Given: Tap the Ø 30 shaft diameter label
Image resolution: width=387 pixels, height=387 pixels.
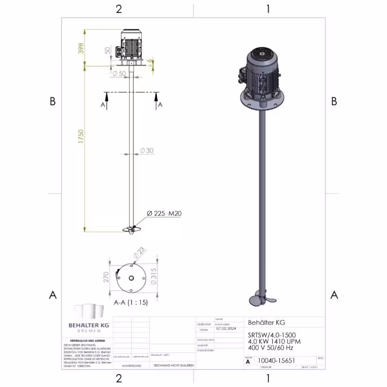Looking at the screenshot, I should pyautogui.click(x=147, y=150).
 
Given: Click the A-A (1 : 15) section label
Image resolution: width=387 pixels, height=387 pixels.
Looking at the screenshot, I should pyautogui.click(x=130, y=302).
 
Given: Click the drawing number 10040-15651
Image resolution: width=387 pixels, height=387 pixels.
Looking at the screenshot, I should pyautogui.click(x=277, y=360).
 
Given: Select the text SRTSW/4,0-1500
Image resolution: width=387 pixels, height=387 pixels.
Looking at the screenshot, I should pyautogui.click(x=271, y=335).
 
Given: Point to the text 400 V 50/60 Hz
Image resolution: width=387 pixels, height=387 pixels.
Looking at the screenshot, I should pyautogui.click(x=270, y=347).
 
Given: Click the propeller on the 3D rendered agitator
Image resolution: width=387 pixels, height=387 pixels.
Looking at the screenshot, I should pyautogui.click(x=260, y=298).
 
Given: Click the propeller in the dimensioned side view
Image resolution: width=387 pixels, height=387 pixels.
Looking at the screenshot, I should pyautogui.click(x=132, y=230).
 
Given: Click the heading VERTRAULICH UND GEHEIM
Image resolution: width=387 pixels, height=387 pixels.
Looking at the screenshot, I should pyautogui.click(x=88, y=341).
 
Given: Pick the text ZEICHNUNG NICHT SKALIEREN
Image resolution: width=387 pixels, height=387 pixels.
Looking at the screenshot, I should pyautogui.click(x=174, y=366).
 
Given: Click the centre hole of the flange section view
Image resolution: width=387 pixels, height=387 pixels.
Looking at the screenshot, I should pyautogui.click(x=131, y=278).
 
